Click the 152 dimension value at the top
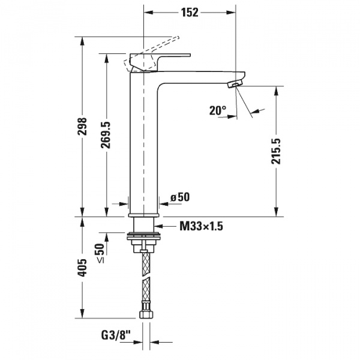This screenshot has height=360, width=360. point(190,11)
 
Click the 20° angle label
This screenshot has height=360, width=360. point(218,110)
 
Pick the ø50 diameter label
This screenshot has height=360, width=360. point(180,197)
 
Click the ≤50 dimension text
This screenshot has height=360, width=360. point(100,253)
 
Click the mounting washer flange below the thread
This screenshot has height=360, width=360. point(145,238)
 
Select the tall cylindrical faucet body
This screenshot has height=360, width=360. point(144,144)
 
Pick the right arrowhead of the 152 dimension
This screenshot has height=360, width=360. point(231,11)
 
